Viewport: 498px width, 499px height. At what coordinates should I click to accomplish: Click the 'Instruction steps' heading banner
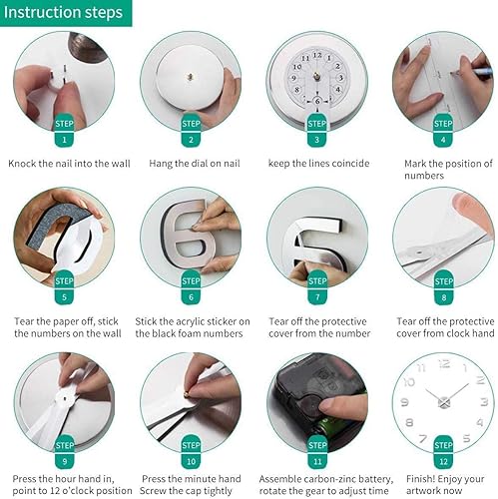coord(65,13)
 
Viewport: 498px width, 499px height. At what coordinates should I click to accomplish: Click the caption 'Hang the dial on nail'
coord(190,163)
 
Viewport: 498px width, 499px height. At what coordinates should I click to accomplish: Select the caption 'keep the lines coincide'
coord(316,163)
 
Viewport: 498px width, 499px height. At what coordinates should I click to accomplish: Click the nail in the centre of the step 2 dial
coord(189,76)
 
